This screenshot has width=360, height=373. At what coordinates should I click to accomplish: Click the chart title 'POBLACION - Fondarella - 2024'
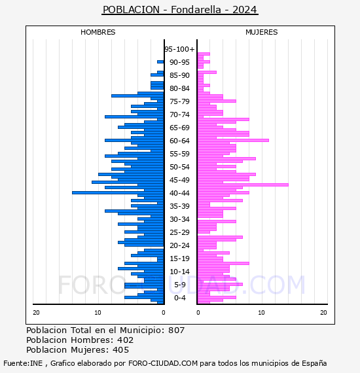pyautogui.click(x=180, y=10)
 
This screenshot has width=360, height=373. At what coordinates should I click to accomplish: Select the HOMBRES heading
pyautogui.click(x=98, y=32)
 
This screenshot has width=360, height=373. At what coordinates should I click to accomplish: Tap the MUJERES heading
pyautogui.click(x=262, y=32)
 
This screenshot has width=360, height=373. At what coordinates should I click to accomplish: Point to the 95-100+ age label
pyautogui.click(x=179, y=49)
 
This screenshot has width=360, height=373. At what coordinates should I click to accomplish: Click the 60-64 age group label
pyautogui.click(x=179, y=141)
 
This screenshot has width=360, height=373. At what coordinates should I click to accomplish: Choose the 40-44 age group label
pyautogui.click(x=179, y=193)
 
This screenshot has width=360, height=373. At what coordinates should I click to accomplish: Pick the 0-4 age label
pyautogui.click(x=179, y=298)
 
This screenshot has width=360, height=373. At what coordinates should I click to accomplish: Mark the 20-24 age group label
pyautogui.click(x=179, y=245)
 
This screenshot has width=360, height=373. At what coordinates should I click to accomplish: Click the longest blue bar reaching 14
pyautogui.click(x=118, y=192)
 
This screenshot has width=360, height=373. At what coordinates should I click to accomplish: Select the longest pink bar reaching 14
pyautogui.click(x=243, y=185)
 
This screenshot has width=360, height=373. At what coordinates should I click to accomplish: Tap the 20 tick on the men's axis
pyautogui.click(x=36, y=313)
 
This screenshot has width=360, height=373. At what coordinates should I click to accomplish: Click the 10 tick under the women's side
pyautogui.click(x=261, y=313)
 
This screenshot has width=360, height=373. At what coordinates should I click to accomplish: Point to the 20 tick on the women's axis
pyautogui.click(x=323, y=313)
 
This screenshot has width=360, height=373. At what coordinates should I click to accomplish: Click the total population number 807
pyautogui.click(x=176, y=330)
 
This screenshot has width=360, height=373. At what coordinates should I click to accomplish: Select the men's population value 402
pyautogui.click(x=126, y=340)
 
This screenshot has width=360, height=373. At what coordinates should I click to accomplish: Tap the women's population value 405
pyautogui.click(x=121, y=349)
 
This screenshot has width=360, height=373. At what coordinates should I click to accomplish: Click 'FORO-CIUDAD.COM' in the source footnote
pyautogui.click(x=163, y=363)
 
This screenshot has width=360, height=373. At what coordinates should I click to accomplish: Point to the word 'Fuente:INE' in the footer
pyautogui.click(x=23, y=363)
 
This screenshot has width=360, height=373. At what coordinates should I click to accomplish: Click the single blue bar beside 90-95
pyautogui.click(x=160, y=62)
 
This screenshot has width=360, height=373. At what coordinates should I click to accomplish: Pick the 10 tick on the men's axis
pyautogui.click(x=98, y=313)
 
